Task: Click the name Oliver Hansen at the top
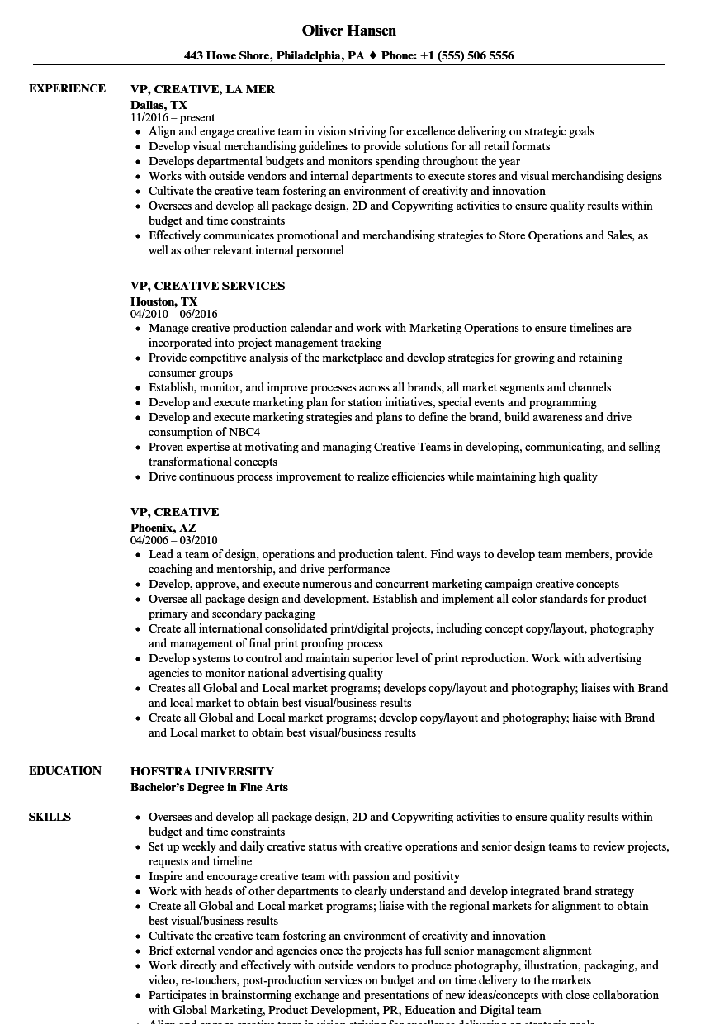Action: [x=348, y=31]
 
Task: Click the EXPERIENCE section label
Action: [x=67, y=88]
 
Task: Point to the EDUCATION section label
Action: [x=65, y=770]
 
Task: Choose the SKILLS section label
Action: [x=50, y=817]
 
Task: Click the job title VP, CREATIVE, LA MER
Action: [x=202, y=89]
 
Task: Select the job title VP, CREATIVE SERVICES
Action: [x=207, y=286]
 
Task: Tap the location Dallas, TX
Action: [x=159, y=105]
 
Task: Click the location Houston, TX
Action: [x=163, y=301]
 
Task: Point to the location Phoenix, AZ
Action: [x=163, y=528]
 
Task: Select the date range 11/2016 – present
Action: [x=173, y=118]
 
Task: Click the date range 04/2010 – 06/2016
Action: [x=174, y=315]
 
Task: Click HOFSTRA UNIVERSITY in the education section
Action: [x=201, y=771]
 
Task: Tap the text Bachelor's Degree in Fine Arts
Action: [x=209, y=787]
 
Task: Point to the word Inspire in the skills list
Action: [x=168, y=876]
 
